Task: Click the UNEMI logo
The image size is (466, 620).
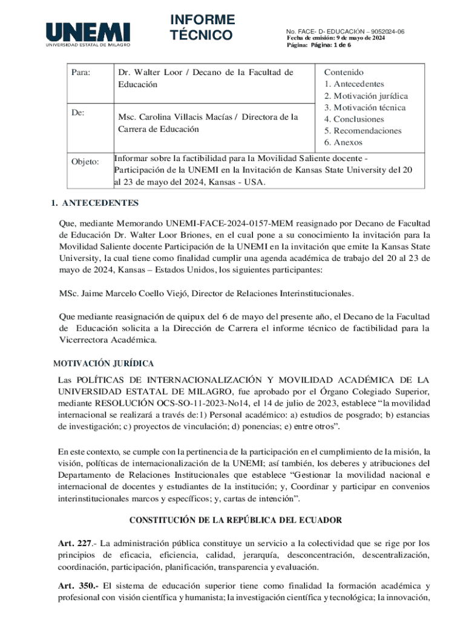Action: tap(88, 35)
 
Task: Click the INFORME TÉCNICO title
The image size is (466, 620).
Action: tap(202, 27)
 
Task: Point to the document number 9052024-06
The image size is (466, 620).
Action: tap(388, 31)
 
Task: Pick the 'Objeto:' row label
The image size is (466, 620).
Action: tap(85, 162)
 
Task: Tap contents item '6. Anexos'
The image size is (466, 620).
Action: tap(343, 142)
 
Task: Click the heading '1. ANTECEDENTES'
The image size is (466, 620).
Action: tap(95, 203)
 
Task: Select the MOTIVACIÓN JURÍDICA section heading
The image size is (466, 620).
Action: tap(103, 364)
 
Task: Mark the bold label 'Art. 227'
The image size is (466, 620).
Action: tap(73, 544)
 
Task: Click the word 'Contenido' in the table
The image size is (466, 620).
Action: tap(344, 72)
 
